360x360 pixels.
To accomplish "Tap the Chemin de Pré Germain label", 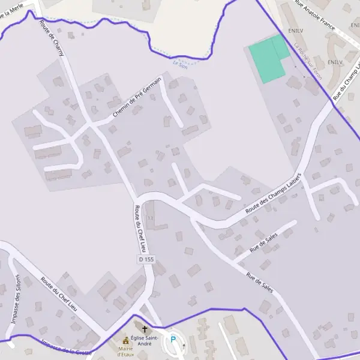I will click(137, 97).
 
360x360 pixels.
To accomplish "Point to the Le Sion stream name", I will click(179, 63).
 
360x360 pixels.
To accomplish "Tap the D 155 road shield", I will click(146, 260).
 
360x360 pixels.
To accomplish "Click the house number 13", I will click(150, 218).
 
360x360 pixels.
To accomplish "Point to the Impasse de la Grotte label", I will click(66, 348).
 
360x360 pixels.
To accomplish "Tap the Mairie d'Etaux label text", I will click(125, 351).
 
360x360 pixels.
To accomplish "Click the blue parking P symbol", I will click(173, 340).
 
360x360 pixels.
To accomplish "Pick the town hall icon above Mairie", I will click(125, 340).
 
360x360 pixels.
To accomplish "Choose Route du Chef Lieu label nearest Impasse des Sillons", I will click(59, 293).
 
